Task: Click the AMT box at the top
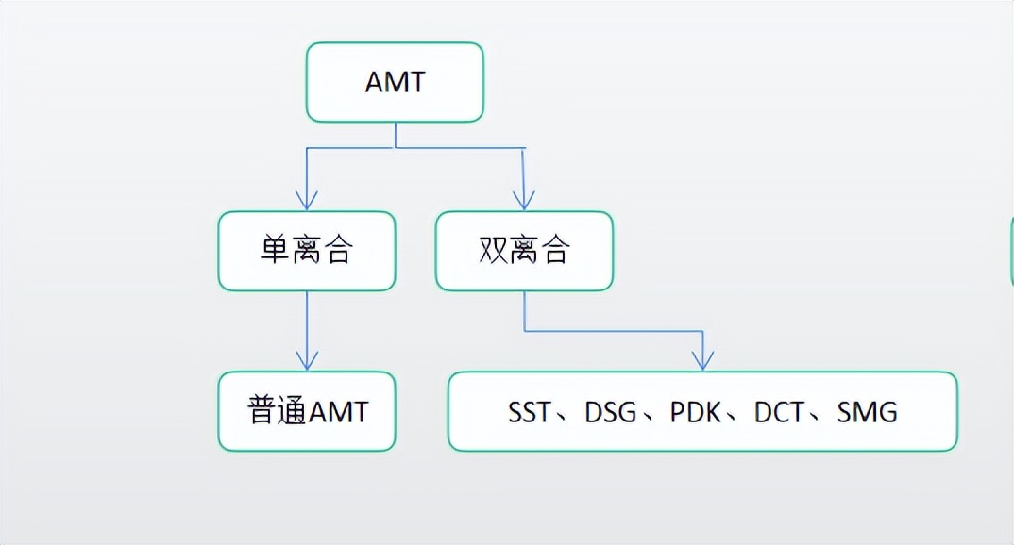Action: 395,82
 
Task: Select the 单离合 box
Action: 307,251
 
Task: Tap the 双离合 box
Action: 524,251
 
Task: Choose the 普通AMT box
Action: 307,411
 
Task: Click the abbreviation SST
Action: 529,412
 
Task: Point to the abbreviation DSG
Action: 611,412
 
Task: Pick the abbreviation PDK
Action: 696,412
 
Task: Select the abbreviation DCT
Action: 779,412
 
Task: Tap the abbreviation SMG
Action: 867,412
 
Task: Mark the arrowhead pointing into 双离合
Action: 524,200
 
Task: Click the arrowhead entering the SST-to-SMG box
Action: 702,360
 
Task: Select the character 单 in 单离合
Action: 275,251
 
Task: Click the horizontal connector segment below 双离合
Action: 614,331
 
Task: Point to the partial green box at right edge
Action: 1011,250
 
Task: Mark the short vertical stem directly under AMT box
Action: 395,135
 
